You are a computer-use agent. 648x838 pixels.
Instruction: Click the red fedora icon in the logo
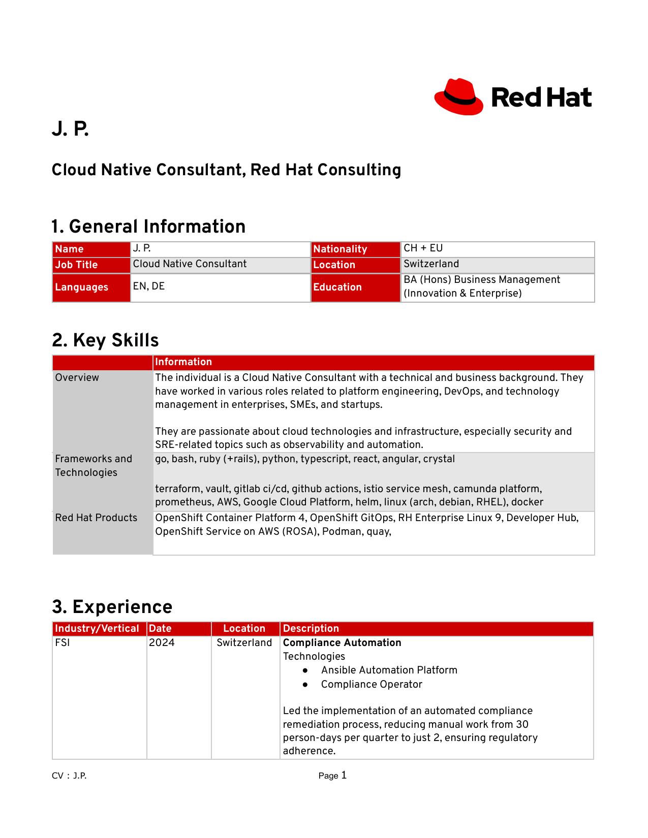(458, 96)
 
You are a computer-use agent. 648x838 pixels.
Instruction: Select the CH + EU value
(423, 248)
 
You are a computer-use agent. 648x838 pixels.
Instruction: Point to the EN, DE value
(149, 286)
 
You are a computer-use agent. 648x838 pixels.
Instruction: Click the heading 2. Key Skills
(105, 340)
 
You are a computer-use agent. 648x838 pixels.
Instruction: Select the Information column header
(183, 362)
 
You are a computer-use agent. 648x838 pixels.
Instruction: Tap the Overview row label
(77, 378)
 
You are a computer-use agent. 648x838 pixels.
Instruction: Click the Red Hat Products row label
(96, 518)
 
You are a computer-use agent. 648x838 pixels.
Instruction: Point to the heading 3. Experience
(112, 607)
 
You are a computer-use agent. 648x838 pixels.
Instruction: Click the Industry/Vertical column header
(97, 629)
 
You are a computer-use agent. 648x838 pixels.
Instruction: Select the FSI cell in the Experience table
(63, 643)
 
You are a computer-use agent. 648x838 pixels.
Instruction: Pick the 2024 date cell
(162, 643)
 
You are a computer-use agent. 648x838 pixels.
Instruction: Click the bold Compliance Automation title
(342, 643)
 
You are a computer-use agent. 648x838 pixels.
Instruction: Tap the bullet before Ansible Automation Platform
(305, 670)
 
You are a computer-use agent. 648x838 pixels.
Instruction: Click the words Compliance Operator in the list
(372, 685)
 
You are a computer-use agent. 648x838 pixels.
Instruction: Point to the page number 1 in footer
(344, 775)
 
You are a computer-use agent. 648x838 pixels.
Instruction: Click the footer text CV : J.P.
(69, 776)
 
